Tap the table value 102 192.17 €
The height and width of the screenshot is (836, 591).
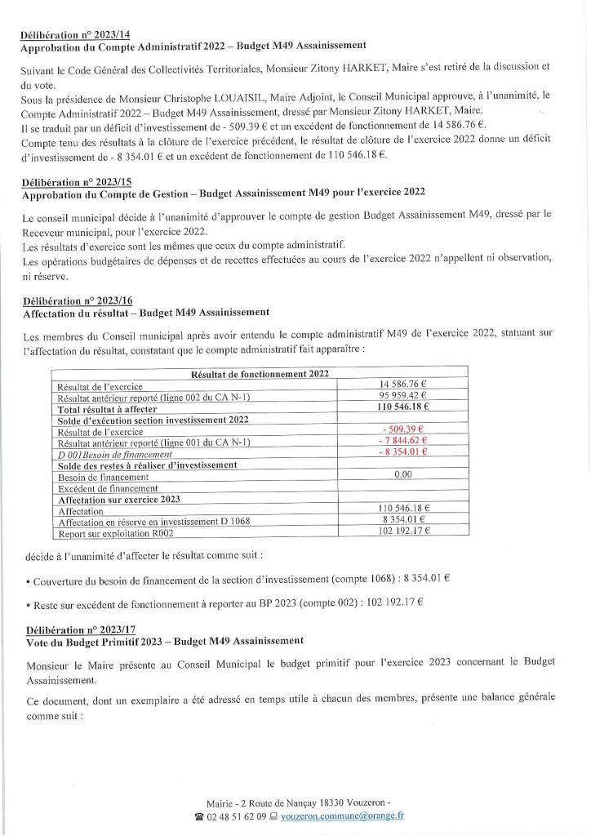pyautogui.click(x=403, y=532)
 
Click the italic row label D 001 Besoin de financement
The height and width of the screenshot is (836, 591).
pyautogui.click(x=113, y=453)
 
